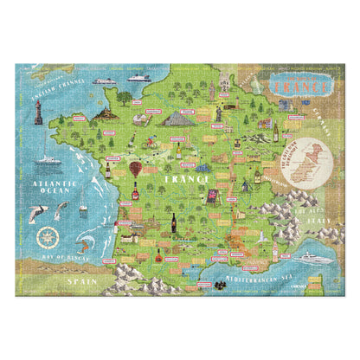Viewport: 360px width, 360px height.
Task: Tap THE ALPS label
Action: pyautogui.click(x=305, y=209)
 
